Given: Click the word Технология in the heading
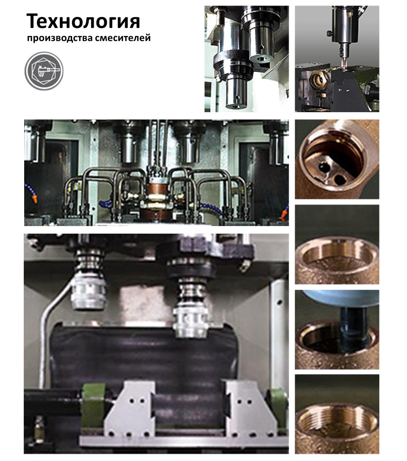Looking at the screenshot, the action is click(84, 21).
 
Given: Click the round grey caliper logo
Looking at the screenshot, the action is click(44, 71).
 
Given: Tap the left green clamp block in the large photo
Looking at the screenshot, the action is click(93, 405).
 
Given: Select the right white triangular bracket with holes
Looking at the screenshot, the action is click(249, 409).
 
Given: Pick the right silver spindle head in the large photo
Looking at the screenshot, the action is click(190, 322).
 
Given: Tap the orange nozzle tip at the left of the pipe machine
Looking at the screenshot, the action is click(34, 199).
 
